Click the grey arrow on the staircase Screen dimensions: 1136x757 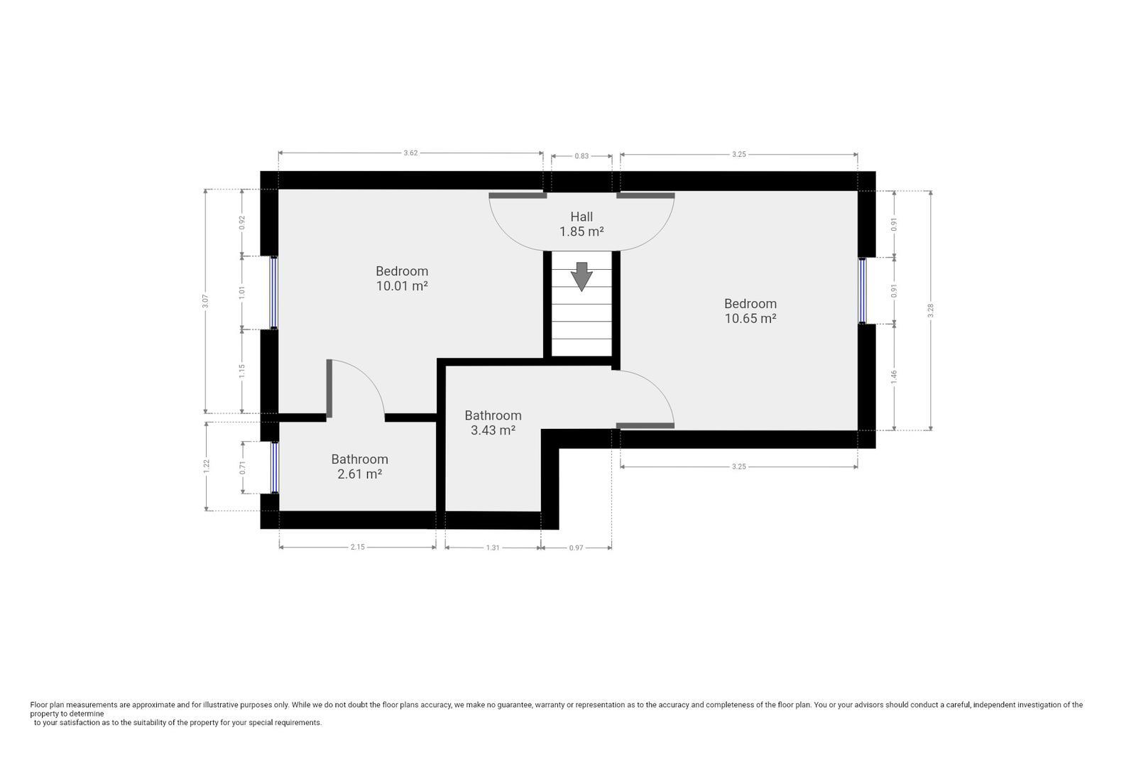point(581,276)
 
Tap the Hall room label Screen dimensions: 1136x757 point(581,217)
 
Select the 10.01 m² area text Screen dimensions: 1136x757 point(402,285)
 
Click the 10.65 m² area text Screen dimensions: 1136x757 point(750,318)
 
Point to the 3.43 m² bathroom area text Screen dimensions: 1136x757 point(493,430)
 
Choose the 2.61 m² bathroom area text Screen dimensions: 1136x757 point(359,474)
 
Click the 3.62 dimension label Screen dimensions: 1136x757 point(410,153)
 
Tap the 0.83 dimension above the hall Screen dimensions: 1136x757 point(581,156)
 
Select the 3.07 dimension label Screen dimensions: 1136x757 point(205,301)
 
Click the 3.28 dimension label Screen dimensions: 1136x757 point(931,310)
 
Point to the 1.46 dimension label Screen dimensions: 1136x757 point(894,376)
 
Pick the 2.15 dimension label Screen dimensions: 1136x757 point(358,547)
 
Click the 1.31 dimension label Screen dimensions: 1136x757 point(493,548)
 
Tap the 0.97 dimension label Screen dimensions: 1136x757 point(576,548)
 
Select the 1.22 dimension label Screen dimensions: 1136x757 point(206,467)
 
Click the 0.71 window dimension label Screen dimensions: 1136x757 point(242,467)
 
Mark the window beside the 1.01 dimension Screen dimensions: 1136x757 point(274,293)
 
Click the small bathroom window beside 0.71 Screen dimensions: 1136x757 point(274,467)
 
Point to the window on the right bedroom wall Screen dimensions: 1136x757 point(862,290)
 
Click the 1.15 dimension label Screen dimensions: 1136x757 point(242,371)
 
